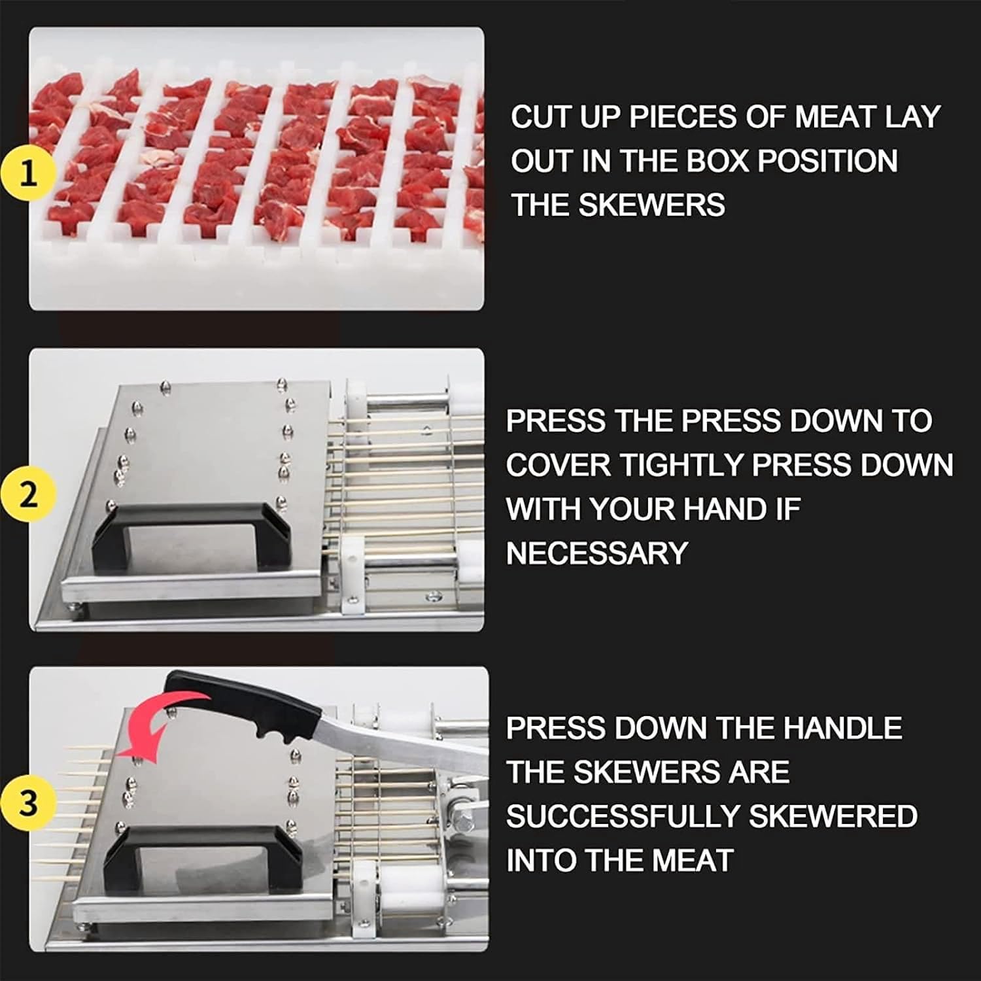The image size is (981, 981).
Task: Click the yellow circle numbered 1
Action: (26, 176)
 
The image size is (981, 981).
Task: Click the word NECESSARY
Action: (596, 553)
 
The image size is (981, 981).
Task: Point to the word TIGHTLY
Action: (681, 466)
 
